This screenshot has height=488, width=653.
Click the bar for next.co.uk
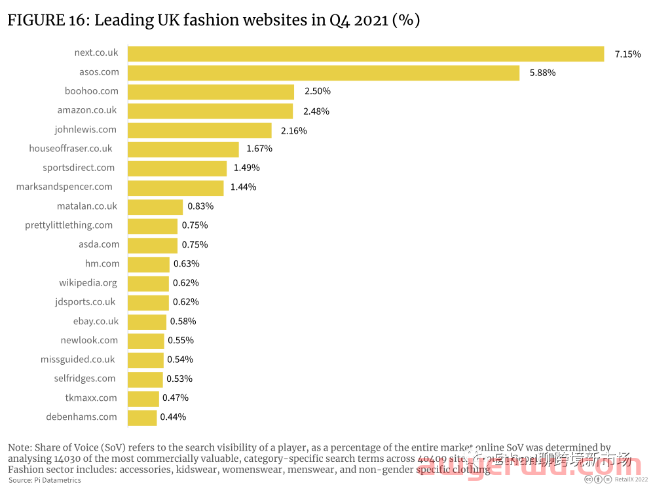365,54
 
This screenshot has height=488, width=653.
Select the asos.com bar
324,73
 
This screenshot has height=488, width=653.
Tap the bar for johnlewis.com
200,130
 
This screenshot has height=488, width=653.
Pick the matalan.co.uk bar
155,207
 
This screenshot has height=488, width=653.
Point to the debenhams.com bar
142,417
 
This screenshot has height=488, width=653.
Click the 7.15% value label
627,54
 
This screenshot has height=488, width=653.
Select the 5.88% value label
542,73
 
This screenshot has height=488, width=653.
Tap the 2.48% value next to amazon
316,111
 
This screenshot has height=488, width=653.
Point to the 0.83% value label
200,206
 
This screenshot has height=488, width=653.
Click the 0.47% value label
176,398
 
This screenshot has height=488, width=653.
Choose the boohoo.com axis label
92,91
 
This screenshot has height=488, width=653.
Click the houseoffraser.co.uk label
71,149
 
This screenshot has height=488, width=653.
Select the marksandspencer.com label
64,187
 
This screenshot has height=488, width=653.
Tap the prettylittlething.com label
69,225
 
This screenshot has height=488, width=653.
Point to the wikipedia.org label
88,283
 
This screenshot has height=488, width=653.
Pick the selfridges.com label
84,379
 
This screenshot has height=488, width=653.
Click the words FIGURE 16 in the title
46,20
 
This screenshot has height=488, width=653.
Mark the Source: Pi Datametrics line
45,480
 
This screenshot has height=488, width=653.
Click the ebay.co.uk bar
147,322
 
